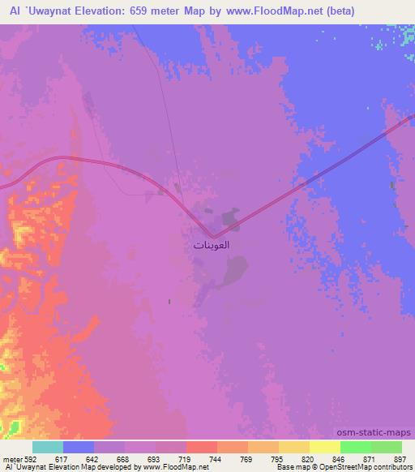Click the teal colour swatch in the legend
click(x=48, y=447)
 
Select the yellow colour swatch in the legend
click(x=325, y=447)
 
